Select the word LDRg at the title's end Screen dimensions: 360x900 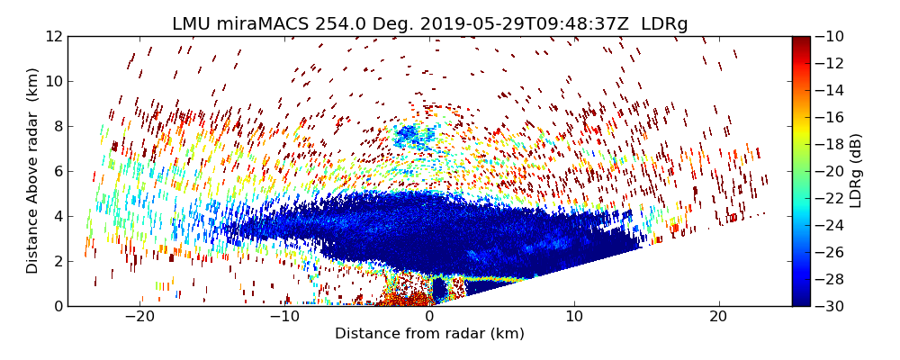pos(664,24)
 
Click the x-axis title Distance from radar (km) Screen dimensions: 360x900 pos(429,334)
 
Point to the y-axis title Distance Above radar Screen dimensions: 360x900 pos(32,171)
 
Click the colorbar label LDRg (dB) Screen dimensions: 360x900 pos(856,171)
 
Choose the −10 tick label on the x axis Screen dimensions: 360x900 pos(284,317)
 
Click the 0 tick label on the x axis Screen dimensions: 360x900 pos(429,317)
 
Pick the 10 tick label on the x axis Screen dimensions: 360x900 pos(574,317)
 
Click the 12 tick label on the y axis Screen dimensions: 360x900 pos(53,37)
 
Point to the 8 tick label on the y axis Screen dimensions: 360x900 pos(57,126)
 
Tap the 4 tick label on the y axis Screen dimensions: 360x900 pos(57,216)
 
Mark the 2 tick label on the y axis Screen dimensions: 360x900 pos(57,261)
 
